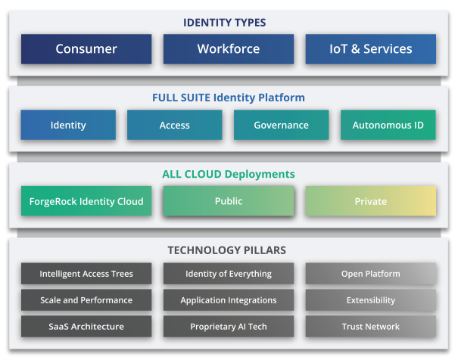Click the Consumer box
click(x=86, y=49)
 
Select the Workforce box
click(x=229, y=49)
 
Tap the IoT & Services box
click(x=371, y=49)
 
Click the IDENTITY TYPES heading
click(x=224, y=23)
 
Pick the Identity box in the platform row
click(x=68, y=125)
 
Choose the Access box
click(x=174, y=125)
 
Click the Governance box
click(x=282, y=125)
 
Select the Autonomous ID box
click(x=388, y=125)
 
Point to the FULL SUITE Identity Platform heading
click(x=229, y=98)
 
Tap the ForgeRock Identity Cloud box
click(x=86, y=201)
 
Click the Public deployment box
click(x=229, y=201)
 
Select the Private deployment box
click(x=371, y=201)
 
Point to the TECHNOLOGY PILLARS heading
click(x=226, y=250)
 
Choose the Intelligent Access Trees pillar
click(x=86, y=274)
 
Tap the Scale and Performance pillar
click(x=86, y=300)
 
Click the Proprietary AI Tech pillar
click(x=229, y=327)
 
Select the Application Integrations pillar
click(x=229, y=300)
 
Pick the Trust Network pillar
click(x=371, y=327)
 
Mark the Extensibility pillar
click(x=371, y=300)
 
